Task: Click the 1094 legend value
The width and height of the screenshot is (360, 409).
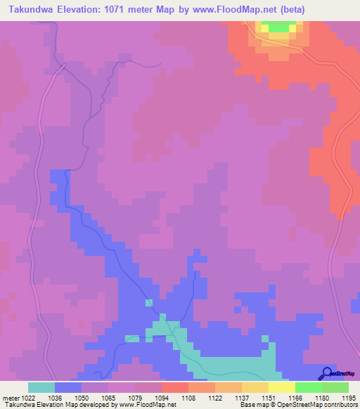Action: pos(161,398)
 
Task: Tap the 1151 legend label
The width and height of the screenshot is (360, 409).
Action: pos(267,398)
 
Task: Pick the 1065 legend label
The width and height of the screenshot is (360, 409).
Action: pos(108,398)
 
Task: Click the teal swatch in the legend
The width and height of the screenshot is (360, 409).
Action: pos(41,387)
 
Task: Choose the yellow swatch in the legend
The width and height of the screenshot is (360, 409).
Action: pos(281,387)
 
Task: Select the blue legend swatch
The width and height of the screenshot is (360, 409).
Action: pos(68,387)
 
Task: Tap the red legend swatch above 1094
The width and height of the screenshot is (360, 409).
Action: pos(174,387)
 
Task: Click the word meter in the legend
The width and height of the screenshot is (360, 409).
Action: pos(11,398)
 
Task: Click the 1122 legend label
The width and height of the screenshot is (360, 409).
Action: pos(214,398)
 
